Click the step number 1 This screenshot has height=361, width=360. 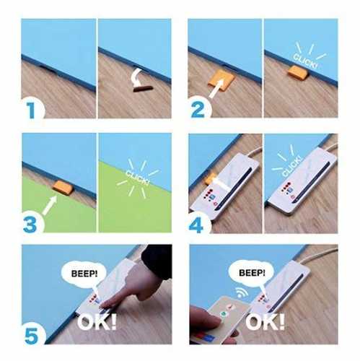pos(31,110)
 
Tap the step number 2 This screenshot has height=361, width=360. pos(198,110)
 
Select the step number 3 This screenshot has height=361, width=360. pos(30,225)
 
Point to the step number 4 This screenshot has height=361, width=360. pos(196,225)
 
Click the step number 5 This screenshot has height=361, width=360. pos(32,336)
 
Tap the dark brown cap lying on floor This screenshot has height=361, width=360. pos(143,89)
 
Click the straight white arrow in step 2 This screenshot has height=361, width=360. pos(216,89)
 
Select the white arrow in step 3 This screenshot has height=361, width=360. pos(50,205)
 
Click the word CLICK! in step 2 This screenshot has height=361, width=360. pos(305,61)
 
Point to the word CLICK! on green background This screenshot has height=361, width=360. pos(137,178)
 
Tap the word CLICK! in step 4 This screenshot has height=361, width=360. pos(291,166)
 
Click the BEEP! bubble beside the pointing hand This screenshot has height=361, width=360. pos(84,274)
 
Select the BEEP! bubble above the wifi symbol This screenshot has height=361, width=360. pos(252,273)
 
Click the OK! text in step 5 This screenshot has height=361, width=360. pos(97,322)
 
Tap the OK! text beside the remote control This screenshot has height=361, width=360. pos(265,322)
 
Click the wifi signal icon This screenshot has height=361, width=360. pos(241,292)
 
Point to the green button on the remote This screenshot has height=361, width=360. pos(224,314)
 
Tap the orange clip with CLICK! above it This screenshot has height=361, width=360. pos(298,72)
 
